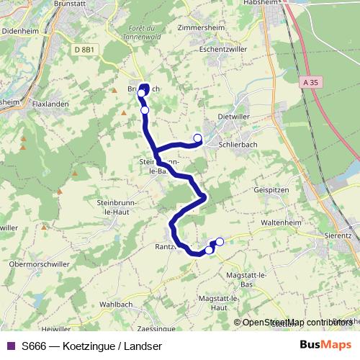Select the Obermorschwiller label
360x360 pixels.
pos(39,264)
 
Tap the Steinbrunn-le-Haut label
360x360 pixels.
pos(117,208)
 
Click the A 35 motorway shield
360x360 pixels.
pos(310,83)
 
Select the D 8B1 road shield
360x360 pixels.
pos(85,49)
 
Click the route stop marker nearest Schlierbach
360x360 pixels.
pos(197,137)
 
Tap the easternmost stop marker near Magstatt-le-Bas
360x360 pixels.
pos(220,241)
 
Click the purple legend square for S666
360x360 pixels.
pos(11,346)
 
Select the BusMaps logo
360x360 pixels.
pos(325,345)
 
